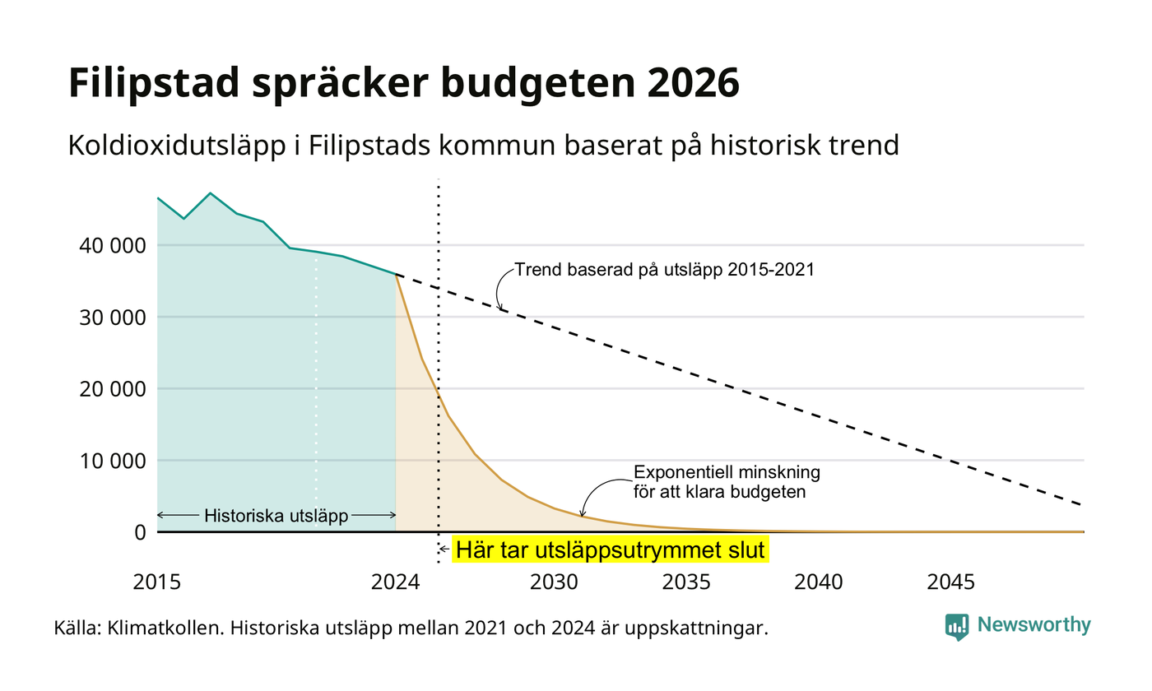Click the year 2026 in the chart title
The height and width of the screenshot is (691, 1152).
(x=693, y=82)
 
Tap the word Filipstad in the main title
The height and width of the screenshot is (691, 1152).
(x=154, y=83)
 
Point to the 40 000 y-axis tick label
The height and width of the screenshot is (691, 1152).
(x=113, y=246)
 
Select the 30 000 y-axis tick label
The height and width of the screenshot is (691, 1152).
(x=113, y=318)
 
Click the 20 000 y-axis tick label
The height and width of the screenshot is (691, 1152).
(x=113, y=389)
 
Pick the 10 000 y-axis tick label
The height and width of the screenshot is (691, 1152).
(x=113, y=461)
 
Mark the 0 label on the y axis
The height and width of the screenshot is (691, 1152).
(x=140, y=533)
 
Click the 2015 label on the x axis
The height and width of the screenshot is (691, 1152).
(x=157, y=582)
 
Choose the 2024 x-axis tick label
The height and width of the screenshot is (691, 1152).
(x=396, y=582)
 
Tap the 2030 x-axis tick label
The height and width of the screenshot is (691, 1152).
(x=555, y=582)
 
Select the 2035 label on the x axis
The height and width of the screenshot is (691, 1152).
(x=686, y=582)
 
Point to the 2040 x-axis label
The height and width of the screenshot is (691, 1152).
(x=819, y=582)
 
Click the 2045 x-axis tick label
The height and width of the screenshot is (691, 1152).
(x=951, y=582)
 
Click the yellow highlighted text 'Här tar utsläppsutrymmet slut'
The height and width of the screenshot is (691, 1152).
(x=611, y=550)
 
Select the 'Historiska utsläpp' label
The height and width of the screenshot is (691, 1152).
(x=276, y=516)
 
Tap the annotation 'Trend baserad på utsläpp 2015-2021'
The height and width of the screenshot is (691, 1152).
(x=665, y=270)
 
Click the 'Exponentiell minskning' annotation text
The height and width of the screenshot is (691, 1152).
(x=727, y=472)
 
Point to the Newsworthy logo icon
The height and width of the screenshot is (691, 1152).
(x=956, y=627)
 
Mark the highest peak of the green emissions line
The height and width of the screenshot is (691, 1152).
(x=211, y=193)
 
